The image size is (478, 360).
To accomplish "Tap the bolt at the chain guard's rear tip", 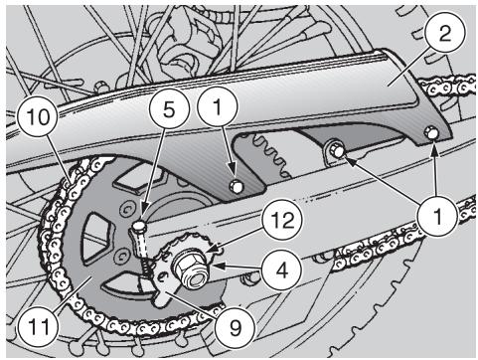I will [x=430, y=132].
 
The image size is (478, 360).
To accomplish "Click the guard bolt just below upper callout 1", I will [x=236, y=186].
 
